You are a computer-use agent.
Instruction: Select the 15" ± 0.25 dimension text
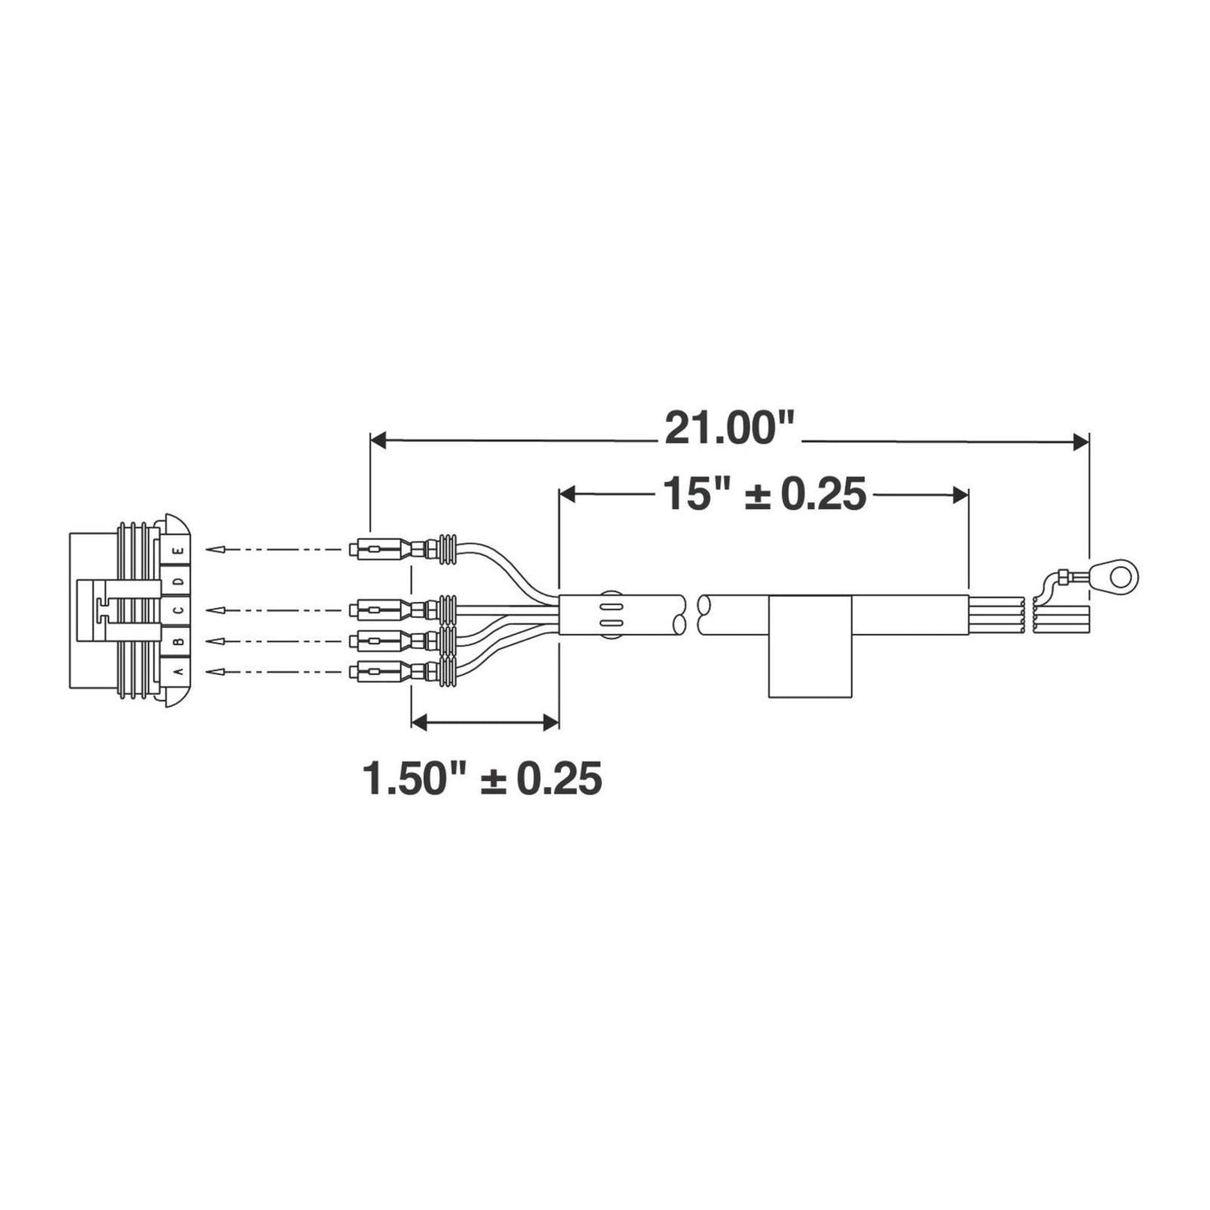click(763, 494)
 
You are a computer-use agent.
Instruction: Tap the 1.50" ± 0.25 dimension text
click(482, 779)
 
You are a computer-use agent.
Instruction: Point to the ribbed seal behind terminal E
click(446, 550)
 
